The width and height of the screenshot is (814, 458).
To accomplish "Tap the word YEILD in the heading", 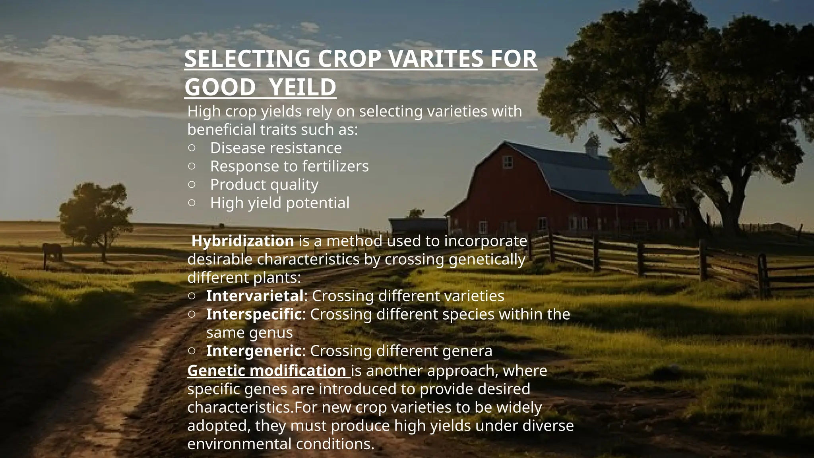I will click(302, 87).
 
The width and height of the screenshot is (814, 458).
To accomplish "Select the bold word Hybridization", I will click(243, 241).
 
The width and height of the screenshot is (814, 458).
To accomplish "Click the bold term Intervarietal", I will click(255, 296).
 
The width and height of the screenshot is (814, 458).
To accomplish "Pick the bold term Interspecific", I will click(254, 314).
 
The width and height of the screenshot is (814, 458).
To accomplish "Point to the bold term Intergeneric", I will click(254, 351).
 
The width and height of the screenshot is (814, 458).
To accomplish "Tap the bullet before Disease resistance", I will click(192, 148).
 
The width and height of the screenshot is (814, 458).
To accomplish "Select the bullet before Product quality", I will click(192, 184).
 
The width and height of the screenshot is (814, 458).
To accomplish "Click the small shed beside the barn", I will click(417, 225).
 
